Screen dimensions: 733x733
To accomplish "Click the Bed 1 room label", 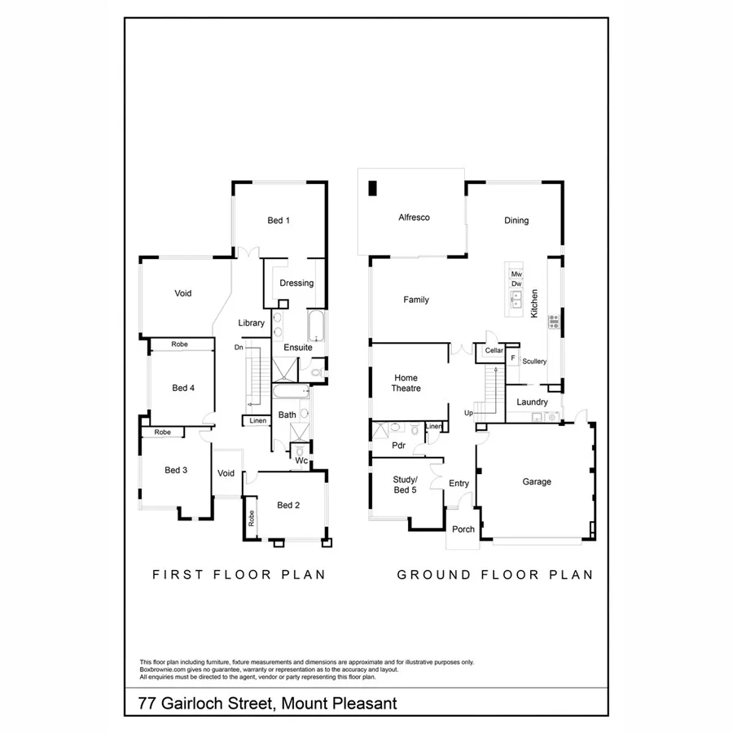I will (279, 220).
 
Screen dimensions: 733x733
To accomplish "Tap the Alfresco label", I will (414, 217).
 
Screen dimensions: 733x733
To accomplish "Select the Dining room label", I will (516, 220).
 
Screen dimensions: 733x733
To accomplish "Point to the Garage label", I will (537, 481).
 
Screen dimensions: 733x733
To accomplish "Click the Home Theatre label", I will (406, 383).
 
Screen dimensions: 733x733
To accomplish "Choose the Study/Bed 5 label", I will (405, 484).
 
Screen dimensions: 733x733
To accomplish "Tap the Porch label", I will (463, 529).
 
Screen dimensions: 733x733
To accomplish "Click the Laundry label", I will (533, 402).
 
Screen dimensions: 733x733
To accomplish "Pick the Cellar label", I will (494, 350).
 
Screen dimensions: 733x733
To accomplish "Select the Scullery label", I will (534, 361).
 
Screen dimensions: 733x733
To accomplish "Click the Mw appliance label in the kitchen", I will (516, 274).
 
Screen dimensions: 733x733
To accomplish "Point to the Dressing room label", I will (296, 283).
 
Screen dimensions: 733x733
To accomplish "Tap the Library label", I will (252, 323).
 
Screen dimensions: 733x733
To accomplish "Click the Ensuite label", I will (298, 348).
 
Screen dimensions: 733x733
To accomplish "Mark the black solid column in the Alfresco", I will (373, 188).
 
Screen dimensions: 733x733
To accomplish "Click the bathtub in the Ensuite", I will (316, 326).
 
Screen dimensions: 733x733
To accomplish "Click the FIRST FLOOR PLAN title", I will (239, 574).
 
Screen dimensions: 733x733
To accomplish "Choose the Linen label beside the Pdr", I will (434, 426).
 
